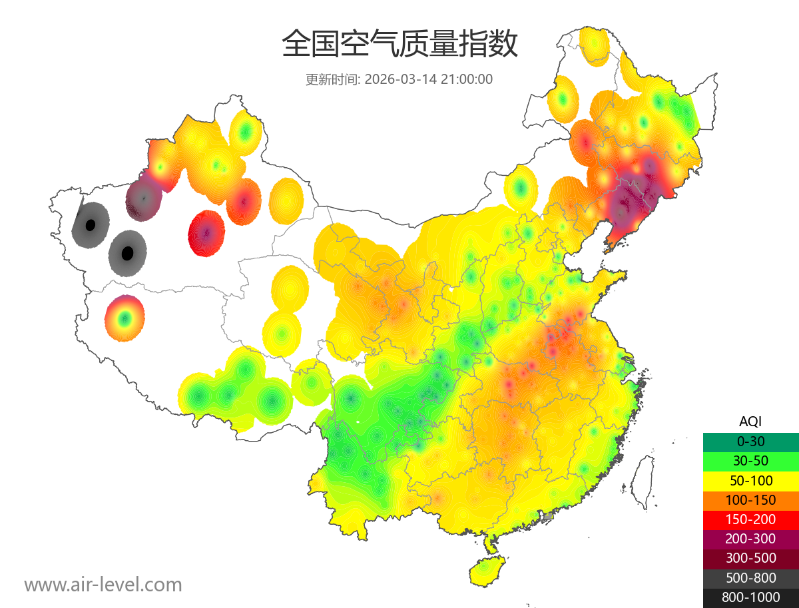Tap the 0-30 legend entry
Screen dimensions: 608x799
pos(750,442)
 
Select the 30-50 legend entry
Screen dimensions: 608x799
pos(750,461)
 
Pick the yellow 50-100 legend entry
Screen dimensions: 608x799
pos(750,480)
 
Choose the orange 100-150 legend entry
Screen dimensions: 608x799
pos(750,499)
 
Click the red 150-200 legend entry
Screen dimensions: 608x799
pos(750,519)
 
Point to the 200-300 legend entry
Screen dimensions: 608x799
pos(750,539)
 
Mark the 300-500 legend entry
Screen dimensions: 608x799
pos(750,558)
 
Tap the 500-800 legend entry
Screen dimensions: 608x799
pos(750,578)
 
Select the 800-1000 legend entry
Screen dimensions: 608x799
pos(750,597)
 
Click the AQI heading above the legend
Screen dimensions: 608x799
pos(750,421)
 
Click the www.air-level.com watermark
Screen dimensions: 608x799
pos(103,585)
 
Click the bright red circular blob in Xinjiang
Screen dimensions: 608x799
pos(206,234)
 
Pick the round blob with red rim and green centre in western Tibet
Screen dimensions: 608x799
pos(124,318)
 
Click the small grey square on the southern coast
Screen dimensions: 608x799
pos(548,516)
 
